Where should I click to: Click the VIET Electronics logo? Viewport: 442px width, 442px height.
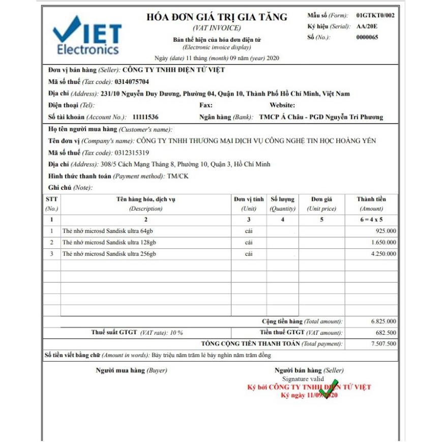tap(87, 35)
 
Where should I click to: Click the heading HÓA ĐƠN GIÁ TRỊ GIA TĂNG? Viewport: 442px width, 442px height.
tap(217, 17)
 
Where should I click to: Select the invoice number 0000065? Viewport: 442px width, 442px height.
tap(367, 37)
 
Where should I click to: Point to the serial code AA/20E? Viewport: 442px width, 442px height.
tap(367, 26)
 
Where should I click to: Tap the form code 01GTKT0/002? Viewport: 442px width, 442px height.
tap(375, 15)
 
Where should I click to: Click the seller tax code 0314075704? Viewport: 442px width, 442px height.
tap(132, 82)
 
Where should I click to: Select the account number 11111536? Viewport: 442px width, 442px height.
tap(145, 117)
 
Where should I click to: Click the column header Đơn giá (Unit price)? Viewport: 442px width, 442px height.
tap(321, 203)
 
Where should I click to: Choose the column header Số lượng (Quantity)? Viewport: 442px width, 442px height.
tap(282, 203)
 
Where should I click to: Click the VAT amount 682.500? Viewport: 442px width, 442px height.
tap(386, 333)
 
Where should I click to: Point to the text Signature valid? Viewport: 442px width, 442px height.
tap(303, 379)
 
